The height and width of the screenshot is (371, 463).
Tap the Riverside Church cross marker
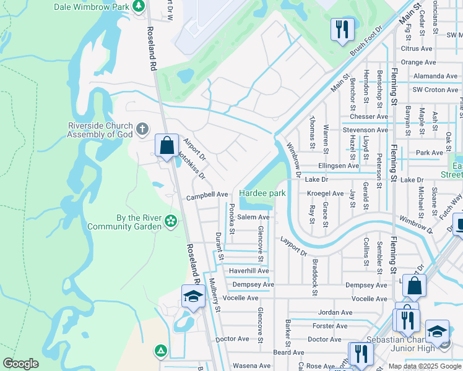coord(142,129)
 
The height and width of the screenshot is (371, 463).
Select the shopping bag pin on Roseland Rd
coord(167,147)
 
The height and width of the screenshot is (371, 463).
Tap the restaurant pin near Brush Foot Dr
coord(341,29)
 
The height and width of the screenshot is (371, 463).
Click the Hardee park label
coord(262,194)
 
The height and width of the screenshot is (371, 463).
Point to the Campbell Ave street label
coord(207,194)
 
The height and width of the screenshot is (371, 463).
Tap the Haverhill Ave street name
coord(249,271)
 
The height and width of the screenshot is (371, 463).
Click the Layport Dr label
coord(293,245)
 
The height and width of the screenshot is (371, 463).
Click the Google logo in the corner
coord(20,364)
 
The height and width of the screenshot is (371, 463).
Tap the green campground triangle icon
coord(161,351)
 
